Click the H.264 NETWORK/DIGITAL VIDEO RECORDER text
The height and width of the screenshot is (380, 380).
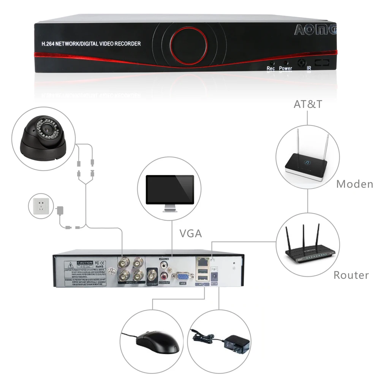[91, 44]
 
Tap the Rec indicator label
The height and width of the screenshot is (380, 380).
[271, 68]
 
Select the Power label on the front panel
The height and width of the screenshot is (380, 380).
[286, 68]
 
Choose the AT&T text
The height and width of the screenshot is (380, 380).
[307, 104]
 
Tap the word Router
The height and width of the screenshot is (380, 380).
[351, 275]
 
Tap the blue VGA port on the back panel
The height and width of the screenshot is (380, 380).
[183, 277]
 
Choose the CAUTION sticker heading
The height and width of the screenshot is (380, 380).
[85, 263]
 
